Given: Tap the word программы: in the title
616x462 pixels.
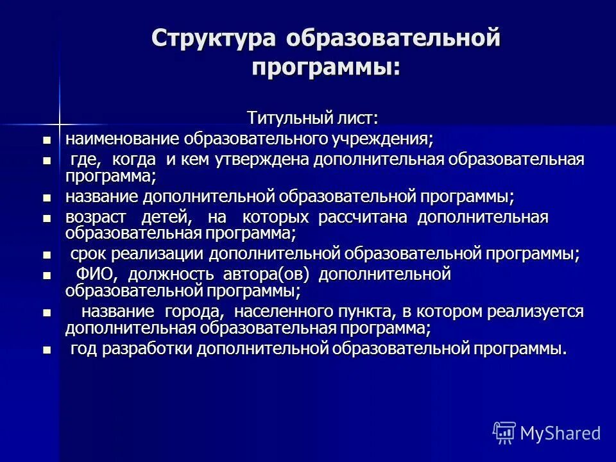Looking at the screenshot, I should (x=325, y=66).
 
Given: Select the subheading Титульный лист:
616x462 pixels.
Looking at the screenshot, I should (x=312, y=119).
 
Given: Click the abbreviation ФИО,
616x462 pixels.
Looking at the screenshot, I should (x=98, y=275).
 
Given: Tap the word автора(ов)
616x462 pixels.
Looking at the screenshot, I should (x=266, y=275).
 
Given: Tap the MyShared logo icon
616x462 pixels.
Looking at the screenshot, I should (x=504, y=433).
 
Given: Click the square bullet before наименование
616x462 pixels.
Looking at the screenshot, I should (x=46, y=139).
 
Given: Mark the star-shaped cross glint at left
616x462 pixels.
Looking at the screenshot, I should (x=59, y=120).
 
